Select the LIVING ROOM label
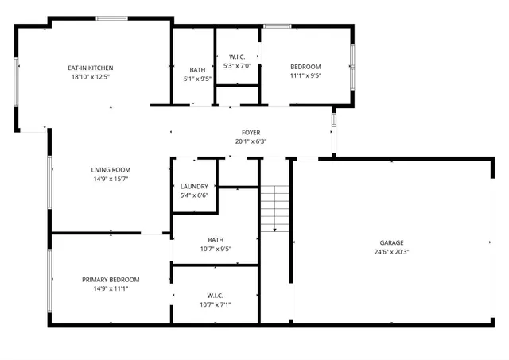[111, 169]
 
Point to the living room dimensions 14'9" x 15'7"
[111, 179]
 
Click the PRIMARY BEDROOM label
[111, 279]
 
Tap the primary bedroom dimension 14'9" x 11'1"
[111, 288]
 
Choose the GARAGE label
[390, 242]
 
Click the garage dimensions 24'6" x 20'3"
[390, 252]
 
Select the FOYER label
[251, 132]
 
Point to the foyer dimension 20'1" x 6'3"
[251, 141]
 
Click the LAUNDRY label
[194, 186]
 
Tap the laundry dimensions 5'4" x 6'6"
[194, 195]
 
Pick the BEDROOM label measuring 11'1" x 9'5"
[305, 67]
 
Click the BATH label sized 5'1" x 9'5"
[196, 69]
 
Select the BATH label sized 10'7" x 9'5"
[216, 239]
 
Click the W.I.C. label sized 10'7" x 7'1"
[216, 295]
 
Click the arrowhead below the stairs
[274, 229]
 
